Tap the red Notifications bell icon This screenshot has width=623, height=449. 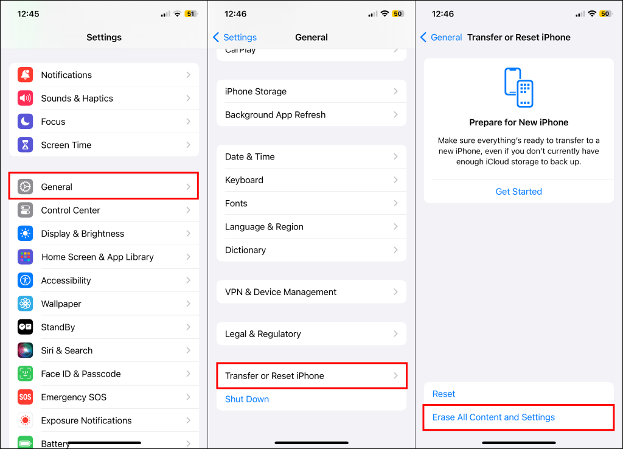(25, 75)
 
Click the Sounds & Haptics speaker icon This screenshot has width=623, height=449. (25, 98)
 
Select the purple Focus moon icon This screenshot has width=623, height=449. (25, 122)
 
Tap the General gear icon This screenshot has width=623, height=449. (25, 187)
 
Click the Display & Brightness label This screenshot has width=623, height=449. (83, 234)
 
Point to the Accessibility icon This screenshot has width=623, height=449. (25, 280)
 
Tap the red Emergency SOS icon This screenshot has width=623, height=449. (25, 397)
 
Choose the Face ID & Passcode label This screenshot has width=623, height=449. (81, 374)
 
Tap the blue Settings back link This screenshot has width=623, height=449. (235, 37)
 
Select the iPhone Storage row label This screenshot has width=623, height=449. (256, 91)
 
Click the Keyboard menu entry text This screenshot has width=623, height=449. (244, 180)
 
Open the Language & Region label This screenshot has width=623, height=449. (264, 227)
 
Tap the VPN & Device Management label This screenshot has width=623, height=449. (281, 292)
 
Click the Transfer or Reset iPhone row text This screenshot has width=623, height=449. (274, 376)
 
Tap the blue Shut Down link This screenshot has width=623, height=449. (247, 399)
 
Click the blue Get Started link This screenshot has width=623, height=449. (518, 192)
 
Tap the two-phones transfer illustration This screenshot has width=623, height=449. (518, 88)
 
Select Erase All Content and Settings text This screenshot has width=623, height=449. (493, 417)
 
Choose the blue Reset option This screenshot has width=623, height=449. (444, 394)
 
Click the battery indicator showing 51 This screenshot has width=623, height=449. (191, 14)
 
